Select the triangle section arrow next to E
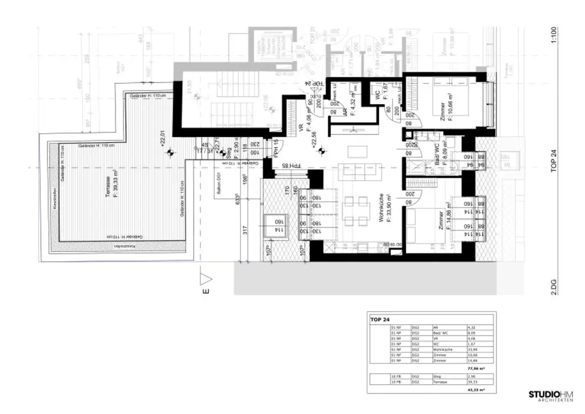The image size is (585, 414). [x=206, y=279]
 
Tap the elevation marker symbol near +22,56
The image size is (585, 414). [x=321, y=151]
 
